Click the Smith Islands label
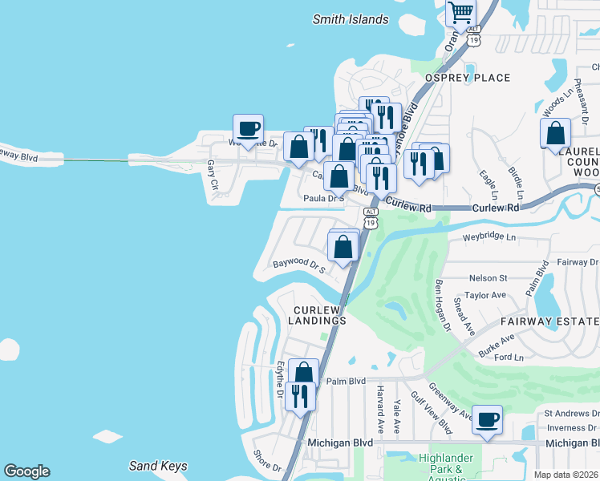tap(350, 19)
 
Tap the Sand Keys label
tap(158, 466)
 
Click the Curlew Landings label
tap(319, 315)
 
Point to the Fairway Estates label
tap(550, 321)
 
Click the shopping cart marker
tap(460, 13)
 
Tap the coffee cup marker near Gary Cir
tap(248, 128)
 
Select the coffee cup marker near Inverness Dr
tap(487, 418)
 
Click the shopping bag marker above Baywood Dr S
tap(343, 247)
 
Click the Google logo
tap(26, 471)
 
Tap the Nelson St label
tap(488, 278)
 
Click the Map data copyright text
tap(566, 475)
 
